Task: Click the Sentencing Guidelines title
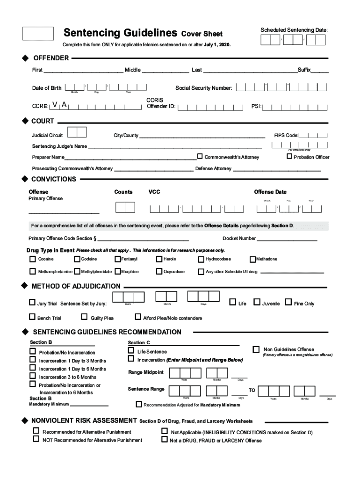[120, 33]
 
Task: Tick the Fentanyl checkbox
[118, 259]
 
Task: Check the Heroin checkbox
[159, 259]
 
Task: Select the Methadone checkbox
[252, 259]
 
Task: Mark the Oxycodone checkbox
[159, 271]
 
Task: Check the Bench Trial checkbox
[32, 317]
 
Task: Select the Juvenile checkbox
[257, 302]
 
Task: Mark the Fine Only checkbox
[288, 302]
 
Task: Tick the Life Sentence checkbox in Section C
[131, 350]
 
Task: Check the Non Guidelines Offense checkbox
[256, 349]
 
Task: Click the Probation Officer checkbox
[289, 156]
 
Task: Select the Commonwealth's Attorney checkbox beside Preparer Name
[200, 156]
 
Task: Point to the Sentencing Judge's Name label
[59, 146]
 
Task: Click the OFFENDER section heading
[51, 58]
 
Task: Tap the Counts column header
[123, 192]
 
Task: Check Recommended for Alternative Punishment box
[36, 431]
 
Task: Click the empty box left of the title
[38, 33]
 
